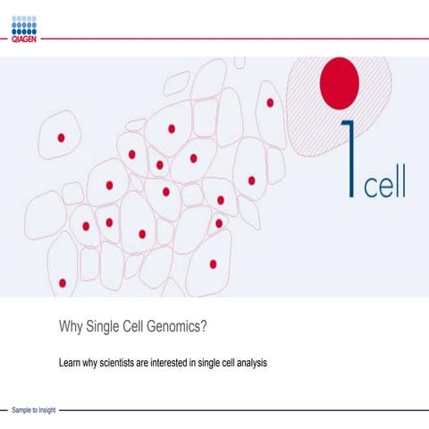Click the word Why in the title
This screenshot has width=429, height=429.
click(71, 327)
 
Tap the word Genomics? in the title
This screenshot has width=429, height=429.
click(180, 327)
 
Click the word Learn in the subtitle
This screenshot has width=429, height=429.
click(69, 364)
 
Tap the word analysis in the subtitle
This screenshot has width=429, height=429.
click(251, 364)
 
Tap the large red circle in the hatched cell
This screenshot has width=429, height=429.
click(341, 80)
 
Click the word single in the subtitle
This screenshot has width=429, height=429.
click(210, 364)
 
